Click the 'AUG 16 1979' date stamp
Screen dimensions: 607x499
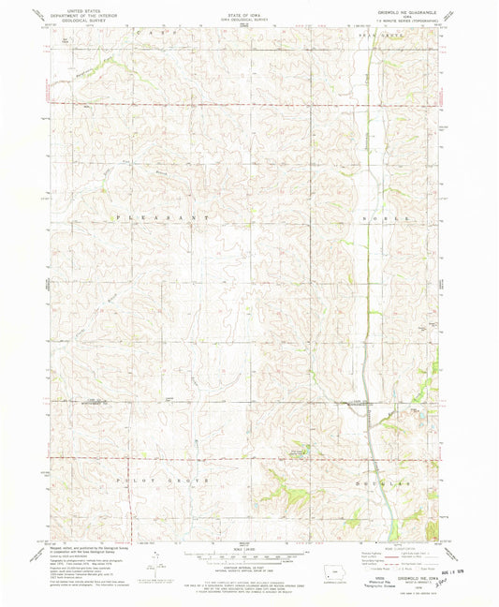(462, 570)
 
